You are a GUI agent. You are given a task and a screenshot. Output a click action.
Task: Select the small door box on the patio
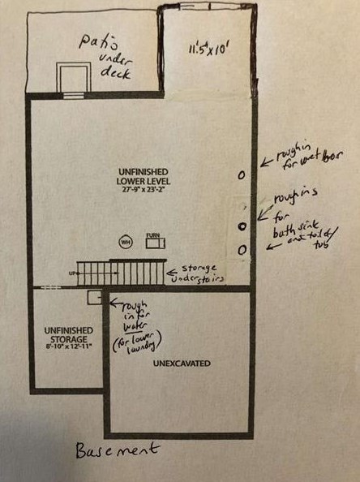tap(71, 80)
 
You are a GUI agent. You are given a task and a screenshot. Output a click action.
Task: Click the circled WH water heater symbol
tap(126, 241)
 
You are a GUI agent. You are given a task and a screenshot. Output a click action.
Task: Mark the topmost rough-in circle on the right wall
tap(242, 174)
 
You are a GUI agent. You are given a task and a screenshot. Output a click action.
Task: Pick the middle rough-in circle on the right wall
tap(242, 227)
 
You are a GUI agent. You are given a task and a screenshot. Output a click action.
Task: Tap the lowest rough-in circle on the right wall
tap(242, 251)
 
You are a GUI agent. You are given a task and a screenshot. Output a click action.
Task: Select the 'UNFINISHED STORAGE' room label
tap(67, 335)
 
